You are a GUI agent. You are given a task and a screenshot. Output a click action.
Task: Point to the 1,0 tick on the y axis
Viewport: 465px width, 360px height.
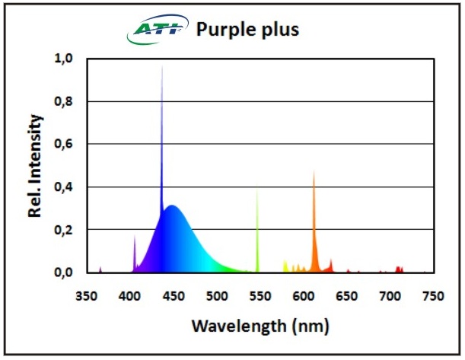(63, 59)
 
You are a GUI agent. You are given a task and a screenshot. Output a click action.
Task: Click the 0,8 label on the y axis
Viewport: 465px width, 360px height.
(63, 101)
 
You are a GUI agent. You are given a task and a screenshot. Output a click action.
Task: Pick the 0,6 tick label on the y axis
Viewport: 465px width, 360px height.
(63, 144)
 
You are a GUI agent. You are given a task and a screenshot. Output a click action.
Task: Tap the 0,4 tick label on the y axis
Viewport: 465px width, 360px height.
(63, 186)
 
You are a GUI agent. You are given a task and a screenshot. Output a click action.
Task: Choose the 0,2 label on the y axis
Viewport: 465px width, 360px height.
(63, 229)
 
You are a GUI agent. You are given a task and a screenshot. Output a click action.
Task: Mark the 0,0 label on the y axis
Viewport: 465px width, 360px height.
(63, 272)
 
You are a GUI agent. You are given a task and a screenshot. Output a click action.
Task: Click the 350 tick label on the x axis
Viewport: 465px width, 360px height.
(88, 295)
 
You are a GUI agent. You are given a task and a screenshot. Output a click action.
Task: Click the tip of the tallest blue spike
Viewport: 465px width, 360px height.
(161, 68)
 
